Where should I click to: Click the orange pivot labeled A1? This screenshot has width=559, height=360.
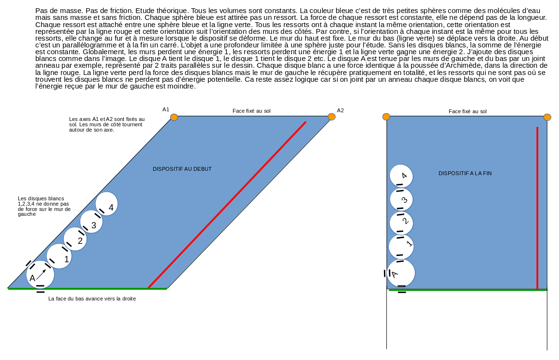174,117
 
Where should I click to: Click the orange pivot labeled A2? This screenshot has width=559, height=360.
332,117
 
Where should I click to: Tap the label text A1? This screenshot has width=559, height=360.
166,110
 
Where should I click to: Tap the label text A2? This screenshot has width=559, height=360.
340,110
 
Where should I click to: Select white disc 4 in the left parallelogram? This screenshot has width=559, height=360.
107,204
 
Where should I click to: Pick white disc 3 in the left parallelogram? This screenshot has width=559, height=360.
91,222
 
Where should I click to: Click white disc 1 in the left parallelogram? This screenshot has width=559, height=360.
59,256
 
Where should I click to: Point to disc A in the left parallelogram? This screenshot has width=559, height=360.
40,274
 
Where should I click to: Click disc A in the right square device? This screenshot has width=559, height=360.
401,273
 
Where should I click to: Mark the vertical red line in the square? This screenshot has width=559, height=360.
537,208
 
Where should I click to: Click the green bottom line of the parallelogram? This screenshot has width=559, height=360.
87,289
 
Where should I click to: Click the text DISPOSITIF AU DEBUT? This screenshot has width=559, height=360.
182,169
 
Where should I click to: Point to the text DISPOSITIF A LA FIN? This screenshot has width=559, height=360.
465,173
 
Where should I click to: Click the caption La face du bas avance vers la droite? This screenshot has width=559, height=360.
92,299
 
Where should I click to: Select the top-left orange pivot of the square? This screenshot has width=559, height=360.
386,117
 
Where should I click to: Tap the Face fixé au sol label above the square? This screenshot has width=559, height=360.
468,111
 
